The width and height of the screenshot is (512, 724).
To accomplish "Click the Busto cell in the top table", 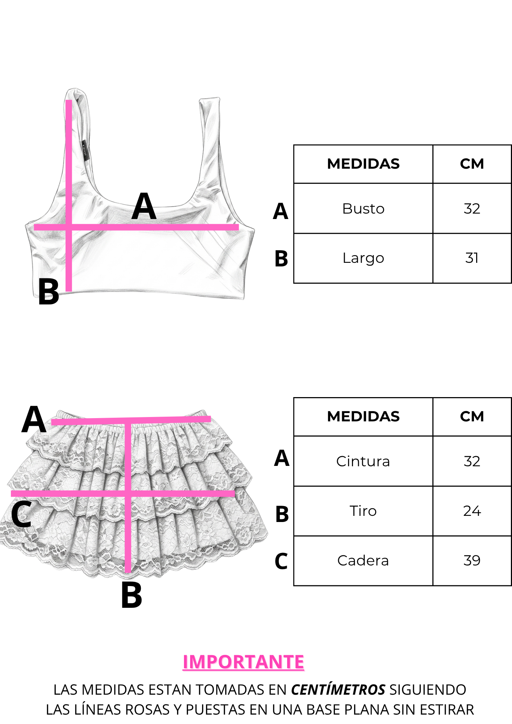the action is (363, 209).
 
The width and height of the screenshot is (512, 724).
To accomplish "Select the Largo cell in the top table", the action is (363, 258).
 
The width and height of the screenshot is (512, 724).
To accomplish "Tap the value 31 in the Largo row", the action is (472, 258).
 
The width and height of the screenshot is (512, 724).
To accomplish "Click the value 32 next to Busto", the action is (472, 209).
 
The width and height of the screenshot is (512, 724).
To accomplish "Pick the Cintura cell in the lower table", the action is (363, 461).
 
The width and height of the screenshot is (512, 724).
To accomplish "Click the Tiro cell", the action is (363, 511).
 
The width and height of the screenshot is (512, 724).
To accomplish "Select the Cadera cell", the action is (363, 560).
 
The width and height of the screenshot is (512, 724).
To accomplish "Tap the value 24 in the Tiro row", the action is (472, 511).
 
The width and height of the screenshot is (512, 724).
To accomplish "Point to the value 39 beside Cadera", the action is (472, 560).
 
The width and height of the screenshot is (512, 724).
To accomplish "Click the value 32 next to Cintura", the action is (472, 461).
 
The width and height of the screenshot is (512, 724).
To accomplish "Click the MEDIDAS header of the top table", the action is (363, 164).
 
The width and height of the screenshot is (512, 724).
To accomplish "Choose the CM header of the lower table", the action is (472, 416).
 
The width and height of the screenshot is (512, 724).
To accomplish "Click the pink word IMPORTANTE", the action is (243, 662).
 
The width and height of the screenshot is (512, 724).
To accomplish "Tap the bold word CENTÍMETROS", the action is (338, 689).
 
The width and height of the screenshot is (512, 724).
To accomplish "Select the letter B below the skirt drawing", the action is (131, 595).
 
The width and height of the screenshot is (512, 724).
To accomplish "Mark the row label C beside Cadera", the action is (281, 561).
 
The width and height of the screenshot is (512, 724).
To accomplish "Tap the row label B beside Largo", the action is (281, 259).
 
